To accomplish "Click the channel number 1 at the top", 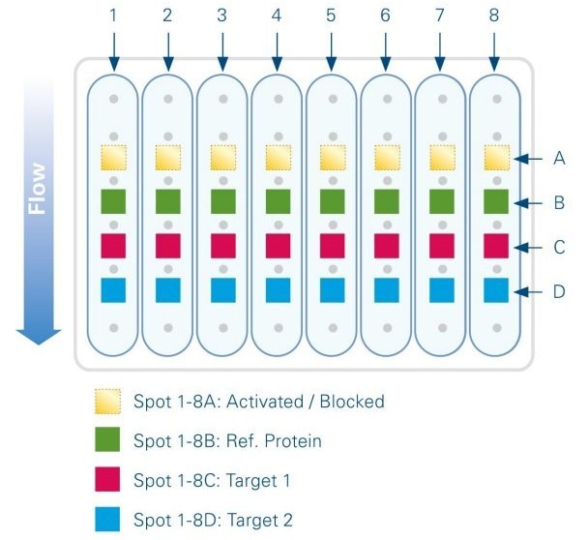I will click(114, 16).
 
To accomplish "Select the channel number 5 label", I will click(332, 16).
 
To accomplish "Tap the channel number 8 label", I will click(495, 16).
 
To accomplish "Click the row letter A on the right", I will click(559, 159).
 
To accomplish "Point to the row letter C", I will click(559, 247).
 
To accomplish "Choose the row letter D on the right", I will click(559, 290).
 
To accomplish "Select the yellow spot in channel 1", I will click(114, 157).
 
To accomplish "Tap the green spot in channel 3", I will click(223, 201).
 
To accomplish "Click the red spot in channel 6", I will click(387, 246).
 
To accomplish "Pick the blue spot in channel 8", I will click(495, 290).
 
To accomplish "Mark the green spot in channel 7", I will click(441, 201).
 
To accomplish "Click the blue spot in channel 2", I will click(168, 290).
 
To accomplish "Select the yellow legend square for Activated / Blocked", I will click(107, 401).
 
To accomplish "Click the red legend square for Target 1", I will click(107, 479).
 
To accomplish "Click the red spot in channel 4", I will click(278, 246).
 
